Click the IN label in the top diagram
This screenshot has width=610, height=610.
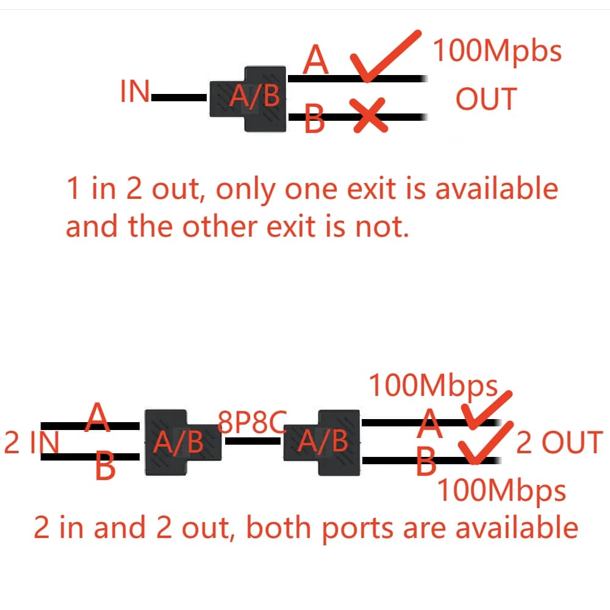click(x=135, y=93)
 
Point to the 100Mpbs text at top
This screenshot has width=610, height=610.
click(x=497, y=51)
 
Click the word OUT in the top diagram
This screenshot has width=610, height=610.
click(x=486, y=99)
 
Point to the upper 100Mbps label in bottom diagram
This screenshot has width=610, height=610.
click(x=433, y=386)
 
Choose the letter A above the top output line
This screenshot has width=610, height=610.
click(x=316, y=60)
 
